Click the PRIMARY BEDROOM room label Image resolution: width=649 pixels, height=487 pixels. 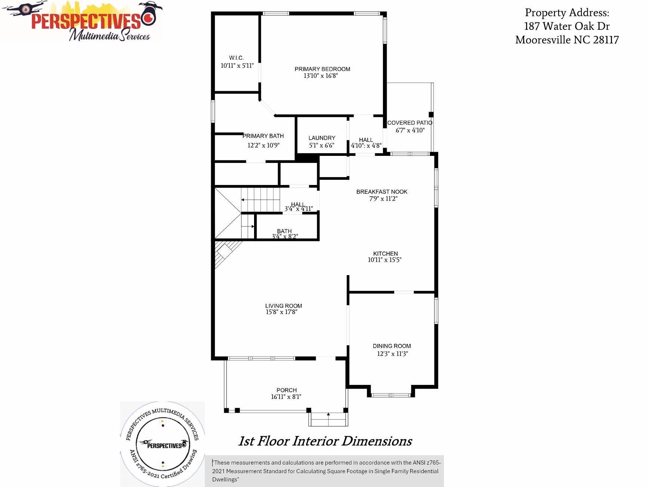click(322, 69)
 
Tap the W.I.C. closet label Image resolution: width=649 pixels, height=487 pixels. click(237, 58)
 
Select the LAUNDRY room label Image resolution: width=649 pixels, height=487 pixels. click(322, 138)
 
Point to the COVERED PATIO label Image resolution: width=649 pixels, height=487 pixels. click(410, 123)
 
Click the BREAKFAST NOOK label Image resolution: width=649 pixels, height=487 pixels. click(382, 192)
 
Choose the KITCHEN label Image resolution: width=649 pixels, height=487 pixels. click(385, 253)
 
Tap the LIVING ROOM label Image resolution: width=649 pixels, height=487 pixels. click(284, 306)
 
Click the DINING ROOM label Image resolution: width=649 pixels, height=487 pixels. click(392, 346)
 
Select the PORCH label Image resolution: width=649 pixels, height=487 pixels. click(287, 390)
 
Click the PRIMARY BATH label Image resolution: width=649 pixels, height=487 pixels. click(263, 136)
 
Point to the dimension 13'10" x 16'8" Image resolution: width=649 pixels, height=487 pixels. click(321, 76)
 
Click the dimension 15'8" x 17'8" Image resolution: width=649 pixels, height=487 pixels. click(281, 312)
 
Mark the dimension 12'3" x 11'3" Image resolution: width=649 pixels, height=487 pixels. click(392, 354)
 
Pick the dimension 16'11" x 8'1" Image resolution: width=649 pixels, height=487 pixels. click(286, 397)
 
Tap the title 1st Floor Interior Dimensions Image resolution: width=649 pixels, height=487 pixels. click(325, 441)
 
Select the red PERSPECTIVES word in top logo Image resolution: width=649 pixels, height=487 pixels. click(86, 21)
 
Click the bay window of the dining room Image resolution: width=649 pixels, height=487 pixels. click(391, 395)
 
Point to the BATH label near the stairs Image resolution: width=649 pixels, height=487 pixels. click(284, 231)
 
